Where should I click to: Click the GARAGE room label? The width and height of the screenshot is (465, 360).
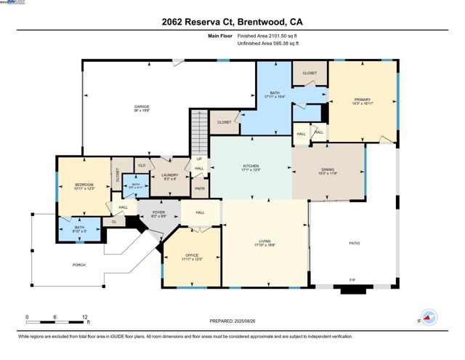141,106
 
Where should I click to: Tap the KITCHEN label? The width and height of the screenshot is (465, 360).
251,166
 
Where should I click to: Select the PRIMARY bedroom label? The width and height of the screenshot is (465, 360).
363,100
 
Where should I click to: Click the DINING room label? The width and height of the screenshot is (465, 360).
328,170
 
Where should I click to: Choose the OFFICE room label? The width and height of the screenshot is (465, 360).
192,255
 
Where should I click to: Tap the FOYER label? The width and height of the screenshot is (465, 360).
158,213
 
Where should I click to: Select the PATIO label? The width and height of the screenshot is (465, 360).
355,243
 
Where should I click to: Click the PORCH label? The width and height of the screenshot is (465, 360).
79,265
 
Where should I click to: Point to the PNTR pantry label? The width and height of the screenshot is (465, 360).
199,188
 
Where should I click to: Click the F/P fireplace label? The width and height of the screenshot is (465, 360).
353,280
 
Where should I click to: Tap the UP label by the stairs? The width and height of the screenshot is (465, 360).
198,159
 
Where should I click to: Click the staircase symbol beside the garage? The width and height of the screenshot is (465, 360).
198,131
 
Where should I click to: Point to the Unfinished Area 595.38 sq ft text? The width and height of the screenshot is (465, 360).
268,44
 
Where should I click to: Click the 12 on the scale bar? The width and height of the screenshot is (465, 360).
85,318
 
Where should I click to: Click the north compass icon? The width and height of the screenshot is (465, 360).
429,318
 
